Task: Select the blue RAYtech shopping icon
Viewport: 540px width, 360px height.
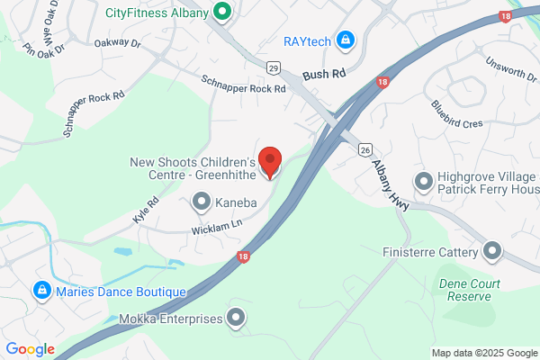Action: [345, 40]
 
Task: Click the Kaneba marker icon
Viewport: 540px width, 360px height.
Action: [202, 203]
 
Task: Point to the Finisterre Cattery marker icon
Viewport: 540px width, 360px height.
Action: [491, 251]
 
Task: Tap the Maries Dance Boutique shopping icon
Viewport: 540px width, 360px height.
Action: [40, 291]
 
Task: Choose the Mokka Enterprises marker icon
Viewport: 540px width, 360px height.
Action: [236, 318]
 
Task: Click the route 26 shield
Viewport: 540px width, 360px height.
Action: [364, 148]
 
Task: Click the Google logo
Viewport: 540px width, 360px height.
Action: [30, 349]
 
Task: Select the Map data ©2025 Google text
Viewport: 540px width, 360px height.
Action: [483, 352]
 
